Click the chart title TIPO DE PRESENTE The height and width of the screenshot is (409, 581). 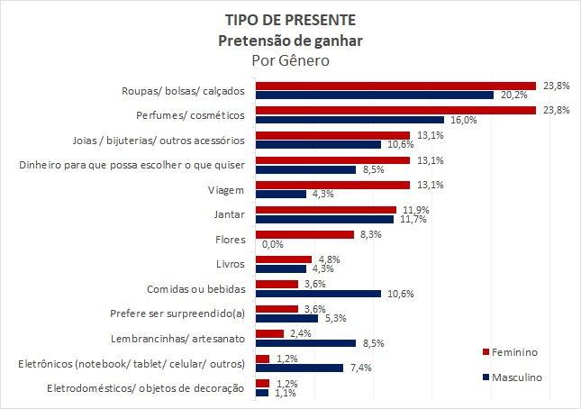[290, 20]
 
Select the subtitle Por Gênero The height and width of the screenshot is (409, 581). [290, 60]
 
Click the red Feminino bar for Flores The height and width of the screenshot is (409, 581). [304, 234]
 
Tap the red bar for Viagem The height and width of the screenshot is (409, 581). [333, 185]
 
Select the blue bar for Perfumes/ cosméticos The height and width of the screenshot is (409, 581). [350, 119]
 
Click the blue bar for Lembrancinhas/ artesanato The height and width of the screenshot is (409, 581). [307, 342]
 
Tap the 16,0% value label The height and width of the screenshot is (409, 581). [463, 120]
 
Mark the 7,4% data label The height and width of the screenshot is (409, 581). [360, 368]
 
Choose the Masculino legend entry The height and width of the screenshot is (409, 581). [517, 377]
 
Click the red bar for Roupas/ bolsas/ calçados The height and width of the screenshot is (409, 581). [395, 86]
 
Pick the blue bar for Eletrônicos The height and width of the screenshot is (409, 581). [299, 368]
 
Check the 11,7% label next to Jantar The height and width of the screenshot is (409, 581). [413, 220]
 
